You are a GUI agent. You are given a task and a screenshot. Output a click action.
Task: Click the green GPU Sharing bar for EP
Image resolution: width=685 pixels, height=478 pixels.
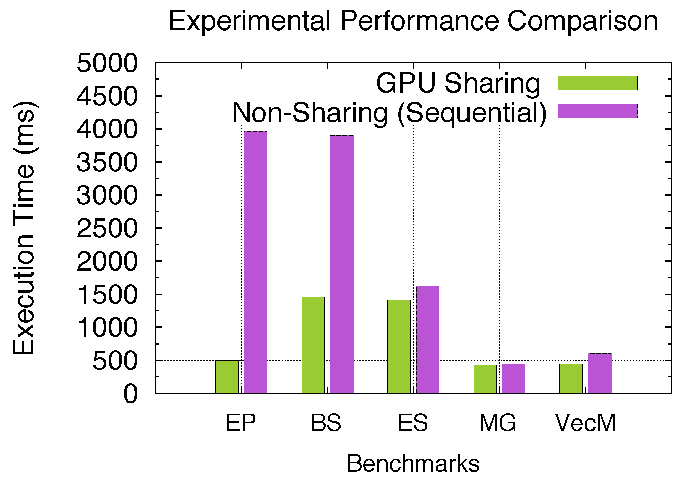(x=227, y=377)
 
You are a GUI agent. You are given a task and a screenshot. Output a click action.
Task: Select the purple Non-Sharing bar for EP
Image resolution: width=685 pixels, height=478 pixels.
(x=256, y=262)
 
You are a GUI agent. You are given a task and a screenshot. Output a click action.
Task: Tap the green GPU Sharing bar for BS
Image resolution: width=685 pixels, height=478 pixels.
(x=313, y=345)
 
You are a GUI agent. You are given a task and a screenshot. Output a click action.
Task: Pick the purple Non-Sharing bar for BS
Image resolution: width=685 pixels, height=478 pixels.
(x=342, y=264)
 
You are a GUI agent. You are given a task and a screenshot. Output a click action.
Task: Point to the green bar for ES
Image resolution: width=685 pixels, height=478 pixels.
(x=399, y=346)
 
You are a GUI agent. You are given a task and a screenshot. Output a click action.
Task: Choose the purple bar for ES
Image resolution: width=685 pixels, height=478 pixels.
(x=428, y=339)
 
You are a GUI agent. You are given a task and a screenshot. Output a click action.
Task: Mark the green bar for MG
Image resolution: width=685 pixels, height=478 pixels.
(x=485, y=379)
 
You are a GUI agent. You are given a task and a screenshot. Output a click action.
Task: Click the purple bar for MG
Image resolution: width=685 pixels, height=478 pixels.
(x=513, y=378)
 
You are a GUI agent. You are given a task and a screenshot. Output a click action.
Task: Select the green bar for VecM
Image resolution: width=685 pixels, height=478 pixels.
(x=571, y=378)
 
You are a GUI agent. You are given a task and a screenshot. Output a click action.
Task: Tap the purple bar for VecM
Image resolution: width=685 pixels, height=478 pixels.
(x=600, y=373)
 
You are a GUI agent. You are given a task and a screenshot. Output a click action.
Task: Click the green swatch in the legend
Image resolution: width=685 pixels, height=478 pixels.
(x=598, y=83)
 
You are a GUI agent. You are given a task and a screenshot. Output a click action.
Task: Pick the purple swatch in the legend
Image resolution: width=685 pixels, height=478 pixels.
(x=598, y=111)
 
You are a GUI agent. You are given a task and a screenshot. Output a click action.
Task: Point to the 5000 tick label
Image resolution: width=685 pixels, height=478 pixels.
(x=107, y=63)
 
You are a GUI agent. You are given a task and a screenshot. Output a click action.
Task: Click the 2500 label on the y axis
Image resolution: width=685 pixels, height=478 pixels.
(x=107, y=228)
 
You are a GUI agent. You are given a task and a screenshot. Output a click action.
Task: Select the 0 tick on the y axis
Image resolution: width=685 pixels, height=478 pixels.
(x=131, y=394)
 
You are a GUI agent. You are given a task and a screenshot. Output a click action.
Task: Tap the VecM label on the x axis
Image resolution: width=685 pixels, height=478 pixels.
(x=585, y=423)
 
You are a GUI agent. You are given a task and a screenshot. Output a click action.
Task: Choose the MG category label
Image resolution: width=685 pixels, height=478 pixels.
(x=498, y=423)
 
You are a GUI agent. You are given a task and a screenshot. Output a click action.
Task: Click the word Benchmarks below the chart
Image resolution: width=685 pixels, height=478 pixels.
(x=413, y=464)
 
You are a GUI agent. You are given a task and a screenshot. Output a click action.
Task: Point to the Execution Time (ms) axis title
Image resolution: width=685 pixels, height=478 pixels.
(x=24, y=228)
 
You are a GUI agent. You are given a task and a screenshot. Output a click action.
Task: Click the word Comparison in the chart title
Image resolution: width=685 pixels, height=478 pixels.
(x=582, y=21)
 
